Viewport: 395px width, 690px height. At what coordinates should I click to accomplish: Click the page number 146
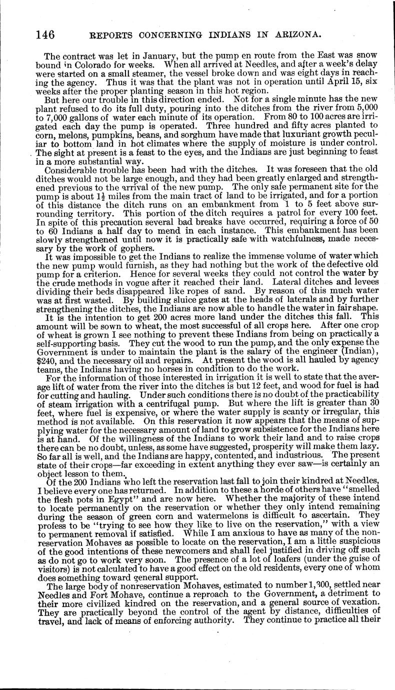(45, 34)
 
